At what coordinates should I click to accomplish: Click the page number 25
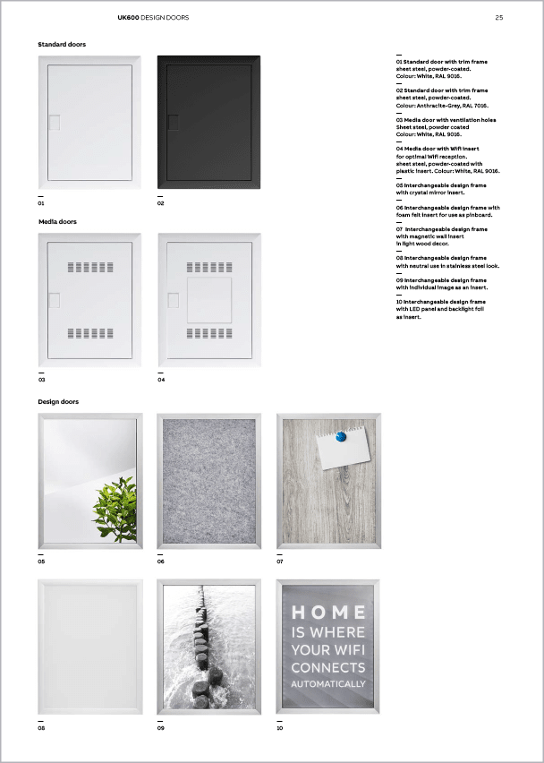(x=499, y=17)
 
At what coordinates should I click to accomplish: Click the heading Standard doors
(x=62, y=44)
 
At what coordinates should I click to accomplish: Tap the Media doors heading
(x=57, y=221)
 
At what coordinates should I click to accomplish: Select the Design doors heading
(x=58, y=402)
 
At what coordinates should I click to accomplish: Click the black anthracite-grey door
(x=208, y=122)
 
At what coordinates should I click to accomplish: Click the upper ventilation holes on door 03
(x=89, y=267)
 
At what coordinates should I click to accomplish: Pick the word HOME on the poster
(x=328, y=613)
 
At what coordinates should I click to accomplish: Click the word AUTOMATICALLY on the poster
(x=328, y=684)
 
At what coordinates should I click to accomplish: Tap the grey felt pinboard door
(x=209, y=481)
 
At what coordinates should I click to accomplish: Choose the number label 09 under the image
(x=161, y=728)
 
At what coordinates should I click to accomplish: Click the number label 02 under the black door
(x=161, y=203)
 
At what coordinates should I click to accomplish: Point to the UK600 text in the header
(x=128, y=17)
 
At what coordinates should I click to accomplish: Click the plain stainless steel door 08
(x=89, y=647)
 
